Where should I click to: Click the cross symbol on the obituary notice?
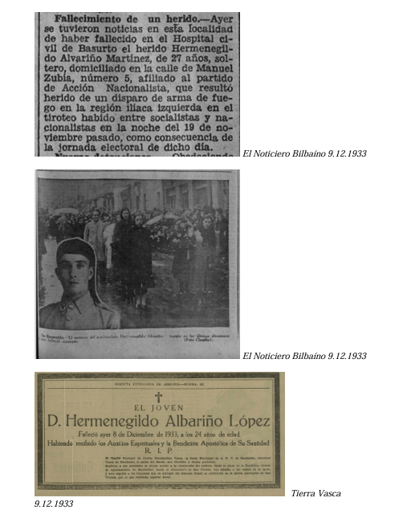tap(158, 396)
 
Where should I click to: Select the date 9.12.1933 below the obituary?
tap(54, 504)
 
